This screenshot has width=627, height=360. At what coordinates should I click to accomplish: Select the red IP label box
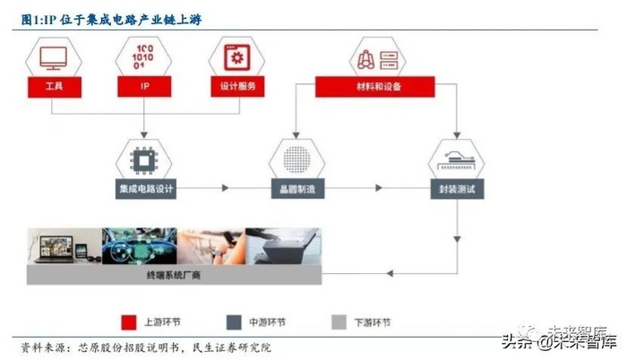(145, 87)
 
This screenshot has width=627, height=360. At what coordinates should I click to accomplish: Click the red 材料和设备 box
(374, 87)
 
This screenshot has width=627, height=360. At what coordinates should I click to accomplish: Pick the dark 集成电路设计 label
(145, 189)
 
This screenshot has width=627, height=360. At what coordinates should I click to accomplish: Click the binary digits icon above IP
(145, 56)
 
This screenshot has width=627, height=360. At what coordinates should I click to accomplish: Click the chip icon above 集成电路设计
(145, 159)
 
